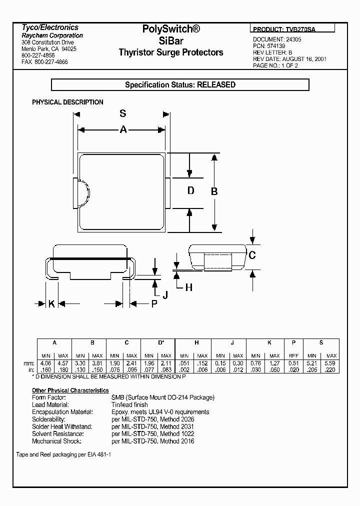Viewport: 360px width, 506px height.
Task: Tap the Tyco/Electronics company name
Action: [x=50, y=27]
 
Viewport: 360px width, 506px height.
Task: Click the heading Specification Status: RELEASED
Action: [x=180, y=85]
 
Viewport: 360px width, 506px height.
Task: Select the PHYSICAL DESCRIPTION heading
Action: [x=67, y=102]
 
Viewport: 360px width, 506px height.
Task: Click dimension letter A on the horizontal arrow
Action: [x=123, y=130]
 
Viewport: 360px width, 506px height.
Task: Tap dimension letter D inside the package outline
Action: [x=190, y=190]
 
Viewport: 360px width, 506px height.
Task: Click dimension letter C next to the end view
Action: [x=252, y=255]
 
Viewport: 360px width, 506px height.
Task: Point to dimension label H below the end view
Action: [x=189, y=287]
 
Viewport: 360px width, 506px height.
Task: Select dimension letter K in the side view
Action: [x=51, y=303]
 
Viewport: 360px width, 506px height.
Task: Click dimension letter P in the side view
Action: [x=154, y=303]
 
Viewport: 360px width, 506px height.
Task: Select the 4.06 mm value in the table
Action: [x=45, y=363]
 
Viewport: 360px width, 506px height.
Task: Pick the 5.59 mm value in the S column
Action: [x=331, y=363]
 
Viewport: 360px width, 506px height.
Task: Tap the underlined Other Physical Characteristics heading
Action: [x=70, y=390]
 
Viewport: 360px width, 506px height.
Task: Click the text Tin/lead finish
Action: [x=129, y=404]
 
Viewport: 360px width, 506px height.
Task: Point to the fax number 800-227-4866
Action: [x=45, y=62]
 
